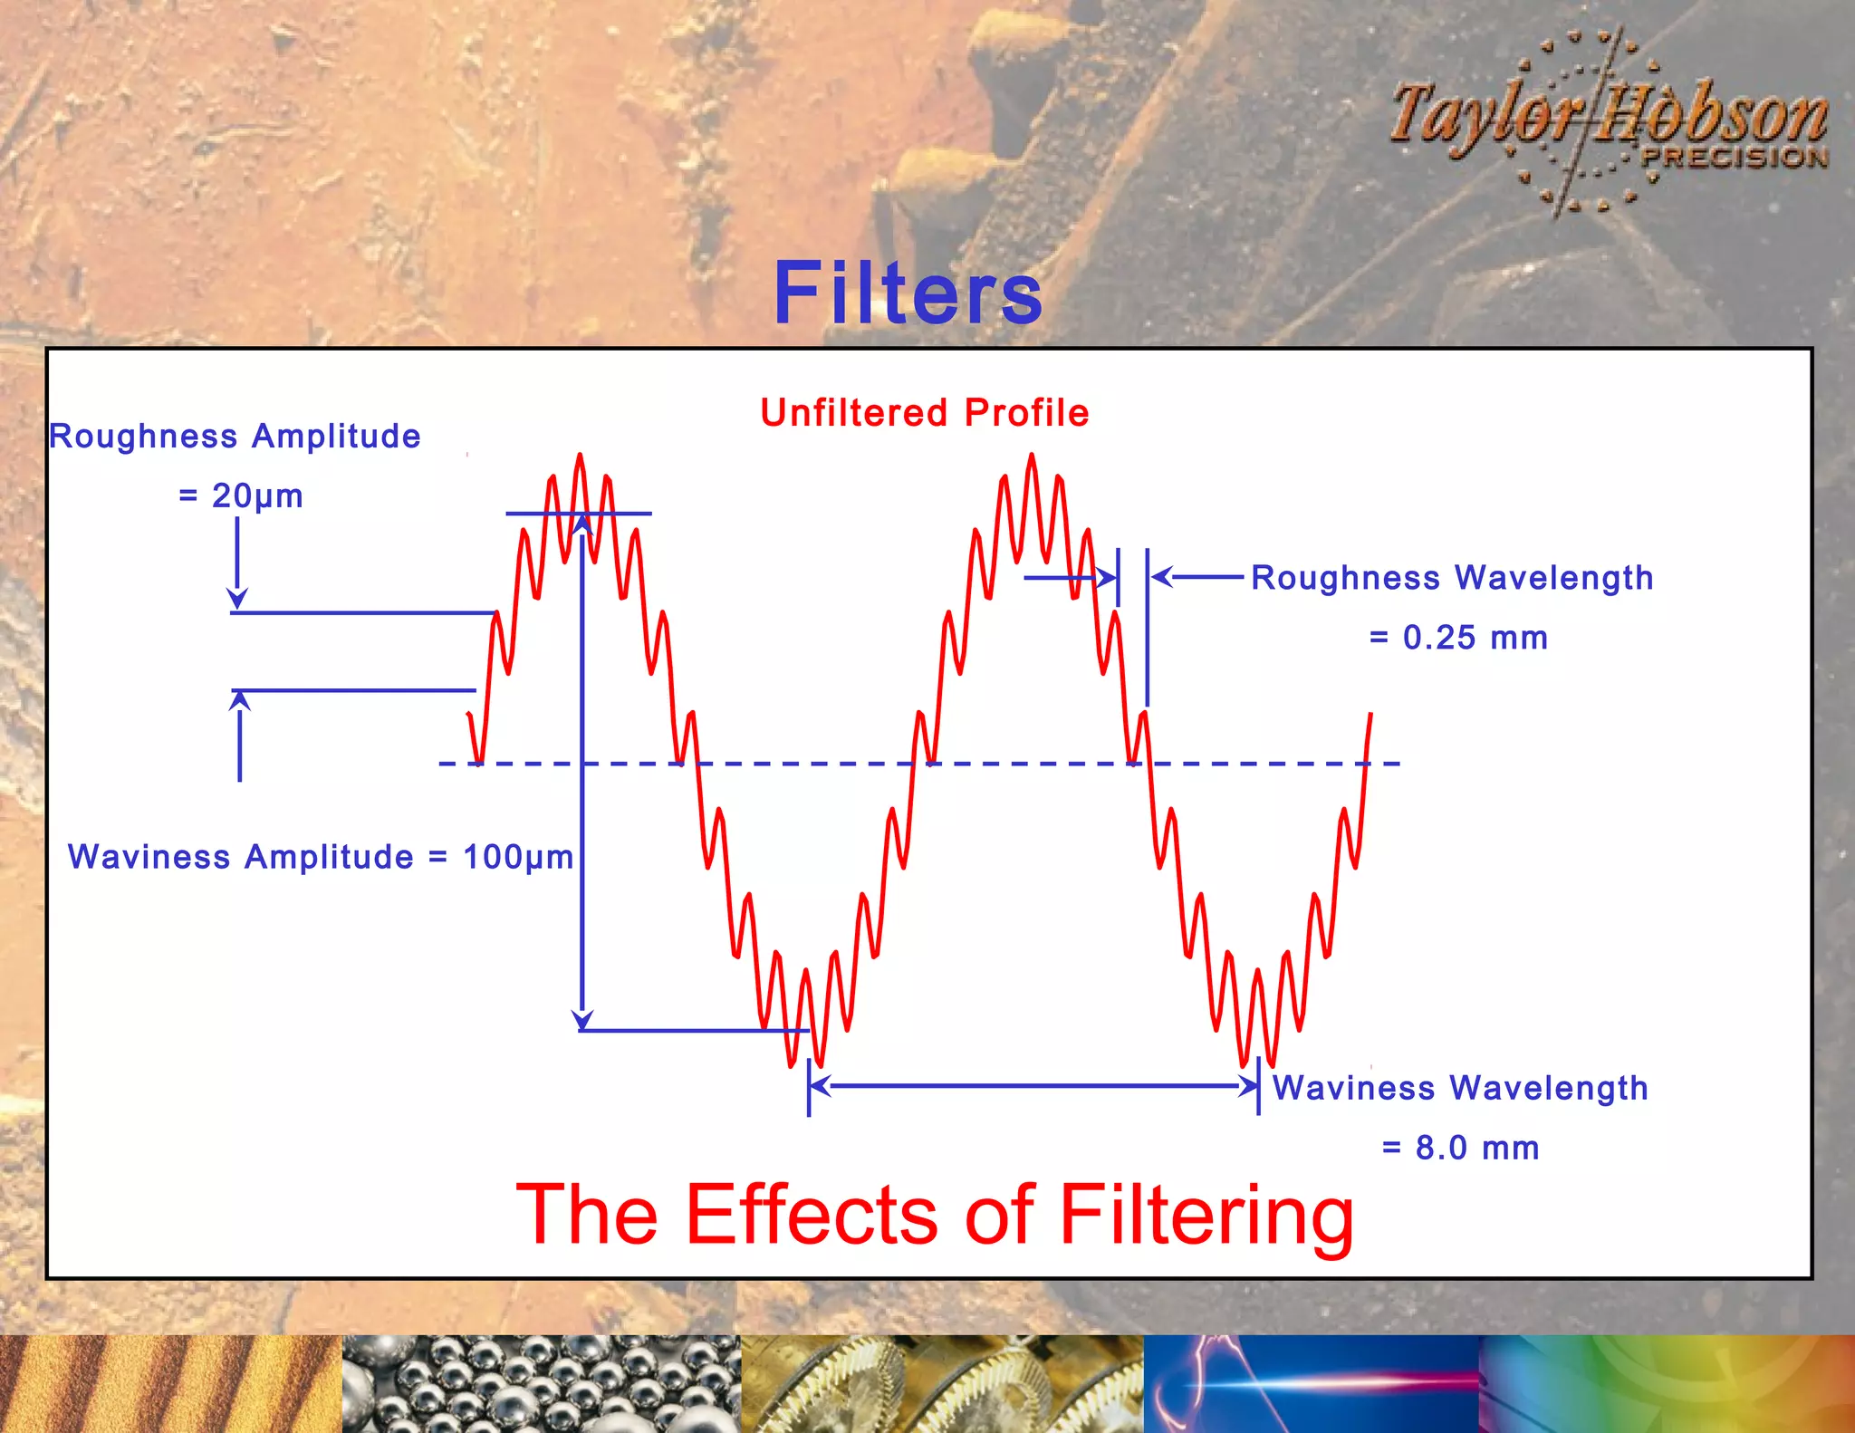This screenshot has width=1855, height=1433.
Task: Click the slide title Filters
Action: pos(908,293)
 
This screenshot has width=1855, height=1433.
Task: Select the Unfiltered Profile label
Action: pos(924,413)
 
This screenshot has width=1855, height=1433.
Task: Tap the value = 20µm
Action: pos(241,495)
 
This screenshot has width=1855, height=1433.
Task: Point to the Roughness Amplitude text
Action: pos(235,437)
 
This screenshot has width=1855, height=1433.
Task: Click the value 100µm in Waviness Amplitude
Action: pos(518,857)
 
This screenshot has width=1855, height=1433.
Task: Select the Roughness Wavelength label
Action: pos(1452,578)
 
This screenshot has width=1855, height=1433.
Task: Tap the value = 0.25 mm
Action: pos(1458,638)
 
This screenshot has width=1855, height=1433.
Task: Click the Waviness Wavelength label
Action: pos(1460,1088)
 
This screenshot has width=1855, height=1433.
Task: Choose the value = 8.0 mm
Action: pos(1460,1148)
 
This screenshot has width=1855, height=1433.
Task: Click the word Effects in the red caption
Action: pos(812,1215)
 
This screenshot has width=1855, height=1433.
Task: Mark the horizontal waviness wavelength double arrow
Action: pos(1033,1085)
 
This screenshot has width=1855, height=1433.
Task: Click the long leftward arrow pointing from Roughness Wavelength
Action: pos(1197,577)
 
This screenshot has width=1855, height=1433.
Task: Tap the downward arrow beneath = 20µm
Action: pos(237,562)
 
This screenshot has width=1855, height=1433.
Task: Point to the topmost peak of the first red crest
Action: pos(580,457)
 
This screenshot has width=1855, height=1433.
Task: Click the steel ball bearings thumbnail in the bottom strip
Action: pos(541,1383)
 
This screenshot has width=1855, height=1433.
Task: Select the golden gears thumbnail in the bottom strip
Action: pos(942,1383)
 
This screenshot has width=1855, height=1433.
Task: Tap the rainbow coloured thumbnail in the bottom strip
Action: pos(1667,1383)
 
